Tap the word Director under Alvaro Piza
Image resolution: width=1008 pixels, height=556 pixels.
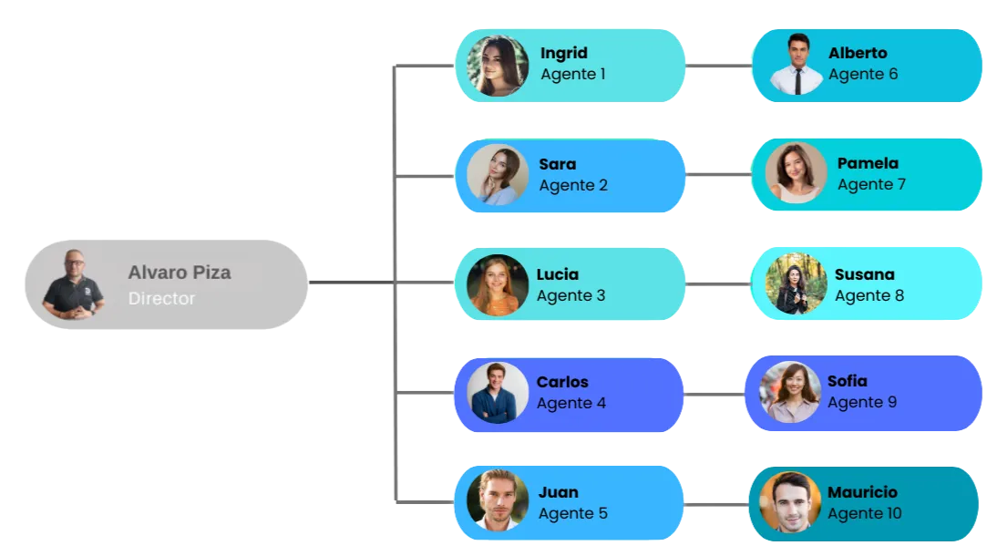click(x=161, y=298)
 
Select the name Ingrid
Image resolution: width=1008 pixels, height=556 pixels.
click(x=563, y=53)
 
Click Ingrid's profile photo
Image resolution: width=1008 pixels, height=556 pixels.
click(x=498, y=66)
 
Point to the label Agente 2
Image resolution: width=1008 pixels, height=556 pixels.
click(x=573, y=185)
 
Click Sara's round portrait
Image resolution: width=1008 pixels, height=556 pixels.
click(x=498, y=175)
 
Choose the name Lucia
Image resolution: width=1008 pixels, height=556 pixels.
click(x=557, y=274)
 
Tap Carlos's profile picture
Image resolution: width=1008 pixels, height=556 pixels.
click(x=498, y=393)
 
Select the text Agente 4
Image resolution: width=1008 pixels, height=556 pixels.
click(x=571, y=403)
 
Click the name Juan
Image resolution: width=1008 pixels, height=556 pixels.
click(x=558, y=492)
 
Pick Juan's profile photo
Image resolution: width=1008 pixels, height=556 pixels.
click(x=498, y=500)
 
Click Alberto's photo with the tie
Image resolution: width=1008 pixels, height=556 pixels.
click(x=797, y=65)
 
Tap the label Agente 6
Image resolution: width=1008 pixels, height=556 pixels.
click(x=862, y=74)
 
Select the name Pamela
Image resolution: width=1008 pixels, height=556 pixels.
click(x=868, y=164)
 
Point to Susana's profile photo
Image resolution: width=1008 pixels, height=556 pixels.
click(x=796, y=283)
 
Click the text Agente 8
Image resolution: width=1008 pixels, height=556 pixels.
click(x=869, y=295)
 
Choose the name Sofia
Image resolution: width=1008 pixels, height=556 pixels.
click(x=847, y=381)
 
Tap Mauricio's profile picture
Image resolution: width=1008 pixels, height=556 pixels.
click(x=789, y=501)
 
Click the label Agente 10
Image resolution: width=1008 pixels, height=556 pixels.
click(x=864, y=513)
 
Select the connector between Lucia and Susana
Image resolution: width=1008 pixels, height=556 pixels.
click(x=717, y=284)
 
